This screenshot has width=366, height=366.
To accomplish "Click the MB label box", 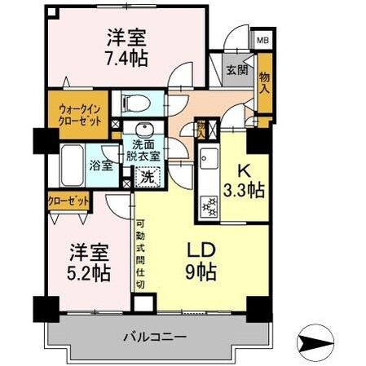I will (x=263, y=39).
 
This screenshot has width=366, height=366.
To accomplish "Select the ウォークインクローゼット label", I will (x=80, y=113).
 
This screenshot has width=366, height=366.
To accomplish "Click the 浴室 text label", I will (x=100, y=165).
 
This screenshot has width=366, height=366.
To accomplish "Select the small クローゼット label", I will (x=67, y=201).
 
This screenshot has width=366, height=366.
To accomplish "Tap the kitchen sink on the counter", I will (x=205, y=158).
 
